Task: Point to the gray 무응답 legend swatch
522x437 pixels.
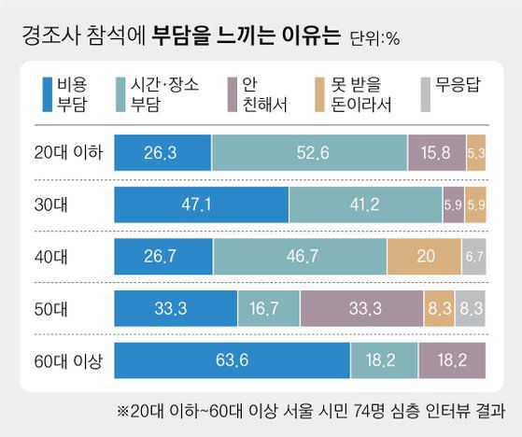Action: [429, 94]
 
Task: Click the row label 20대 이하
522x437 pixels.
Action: [64, 151]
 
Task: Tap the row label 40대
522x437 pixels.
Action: [64, 256]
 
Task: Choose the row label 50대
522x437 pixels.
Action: [64, 307]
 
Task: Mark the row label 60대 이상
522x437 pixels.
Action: [64, 359]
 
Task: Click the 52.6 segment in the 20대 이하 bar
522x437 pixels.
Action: [309, 151]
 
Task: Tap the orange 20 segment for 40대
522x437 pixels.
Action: [424, 256]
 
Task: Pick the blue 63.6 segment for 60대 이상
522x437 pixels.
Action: [231, 359]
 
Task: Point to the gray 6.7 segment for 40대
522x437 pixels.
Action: [474, 256]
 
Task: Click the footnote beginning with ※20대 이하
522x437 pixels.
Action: [304, 409]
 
